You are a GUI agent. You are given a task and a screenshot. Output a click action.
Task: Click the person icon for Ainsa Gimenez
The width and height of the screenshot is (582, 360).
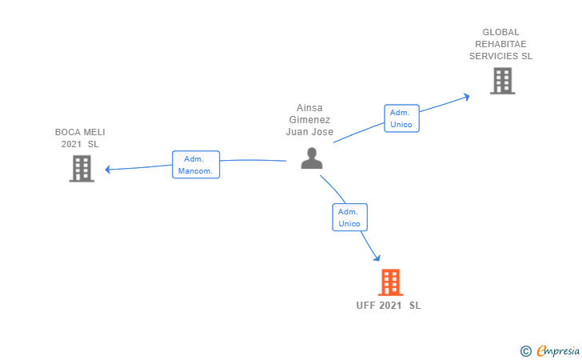point(311,158)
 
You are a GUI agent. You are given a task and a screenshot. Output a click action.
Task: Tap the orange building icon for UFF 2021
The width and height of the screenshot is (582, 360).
point(390,282)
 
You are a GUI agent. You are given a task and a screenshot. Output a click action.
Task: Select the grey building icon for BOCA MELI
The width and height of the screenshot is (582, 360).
point(82,168)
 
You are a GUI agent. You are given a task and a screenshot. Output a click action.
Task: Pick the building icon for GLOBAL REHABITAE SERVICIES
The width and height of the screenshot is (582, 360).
point(502,81)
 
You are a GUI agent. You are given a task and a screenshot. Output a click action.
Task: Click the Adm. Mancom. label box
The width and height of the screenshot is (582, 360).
point(196,165)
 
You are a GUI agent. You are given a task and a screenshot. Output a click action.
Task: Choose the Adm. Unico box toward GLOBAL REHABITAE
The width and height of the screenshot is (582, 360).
point(401,118)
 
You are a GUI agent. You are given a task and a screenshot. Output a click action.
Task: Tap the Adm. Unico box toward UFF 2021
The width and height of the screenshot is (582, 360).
point(349,218)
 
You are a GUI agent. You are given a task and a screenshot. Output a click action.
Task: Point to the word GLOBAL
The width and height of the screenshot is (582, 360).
point(500,33)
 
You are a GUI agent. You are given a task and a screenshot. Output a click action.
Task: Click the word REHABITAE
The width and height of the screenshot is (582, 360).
point(500,45)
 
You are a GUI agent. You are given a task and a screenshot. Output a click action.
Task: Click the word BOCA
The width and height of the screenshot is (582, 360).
point(67,132)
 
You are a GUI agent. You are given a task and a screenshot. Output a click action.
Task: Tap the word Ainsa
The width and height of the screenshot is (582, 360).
point(309,108)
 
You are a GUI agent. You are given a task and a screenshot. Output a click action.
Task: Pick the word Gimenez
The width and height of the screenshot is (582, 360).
point(309,120)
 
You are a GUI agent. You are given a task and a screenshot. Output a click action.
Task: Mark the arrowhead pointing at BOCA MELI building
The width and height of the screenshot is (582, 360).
point(108,169)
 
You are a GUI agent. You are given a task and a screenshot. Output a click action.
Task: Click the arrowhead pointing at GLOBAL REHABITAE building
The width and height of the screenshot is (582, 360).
point(466,98)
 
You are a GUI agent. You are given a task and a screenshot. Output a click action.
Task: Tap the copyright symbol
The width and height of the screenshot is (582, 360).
point(525,350)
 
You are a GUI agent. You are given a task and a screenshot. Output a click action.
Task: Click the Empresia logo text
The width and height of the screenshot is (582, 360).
point(558,350)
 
